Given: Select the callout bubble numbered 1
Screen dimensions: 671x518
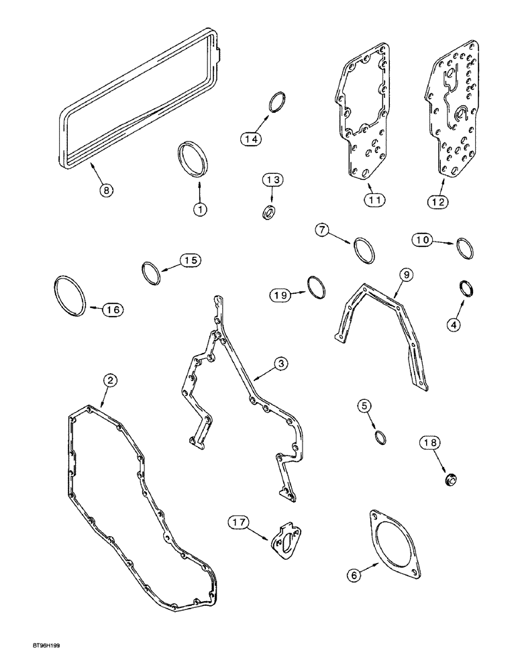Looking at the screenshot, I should pos(199,209).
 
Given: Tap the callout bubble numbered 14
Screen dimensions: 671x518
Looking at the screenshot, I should pos(251,139).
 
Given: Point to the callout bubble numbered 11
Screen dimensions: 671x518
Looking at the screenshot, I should pos(373,199).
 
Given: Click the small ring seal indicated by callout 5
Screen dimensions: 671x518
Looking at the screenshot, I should pos(380,437).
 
